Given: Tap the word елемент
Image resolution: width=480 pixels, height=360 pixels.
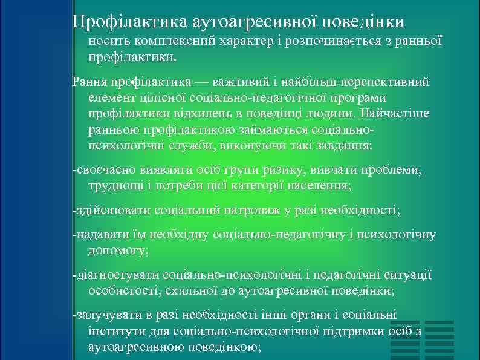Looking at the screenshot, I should (x=109, y=97).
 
